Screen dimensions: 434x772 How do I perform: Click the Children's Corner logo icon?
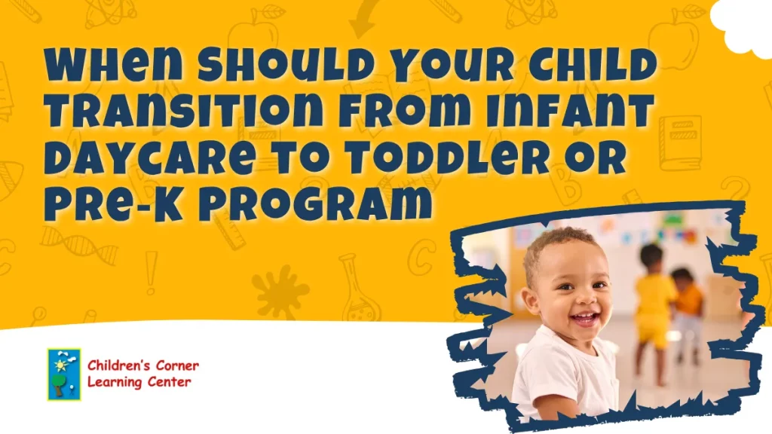(x=63, y=374)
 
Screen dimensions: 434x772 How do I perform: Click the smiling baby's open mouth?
(x=585, y=319)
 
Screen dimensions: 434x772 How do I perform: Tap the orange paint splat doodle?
(x=280, y=291)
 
